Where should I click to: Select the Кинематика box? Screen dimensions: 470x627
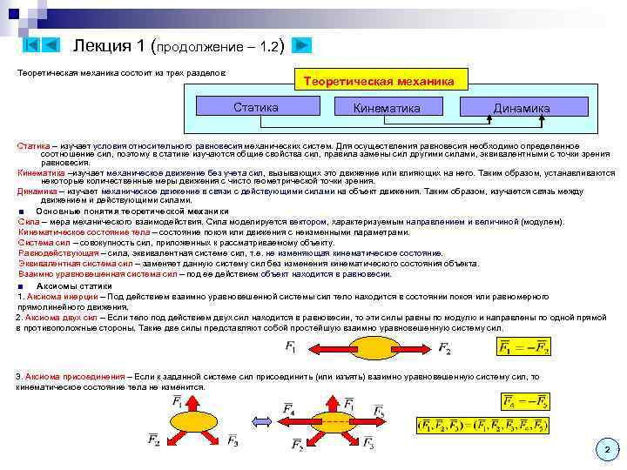(x=387, y=107)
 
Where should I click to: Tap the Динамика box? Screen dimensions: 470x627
(x=521, y=107)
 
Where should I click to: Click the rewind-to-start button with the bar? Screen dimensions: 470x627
(x=30, y=45)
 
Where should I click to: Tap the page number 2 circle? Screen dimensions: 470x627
(x=606, y=449)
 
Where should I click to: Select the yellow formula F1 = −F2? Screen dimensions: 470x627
(x=523, y=348)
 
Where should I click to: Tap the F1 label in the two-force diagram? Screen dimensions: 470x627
(x=290, y=348)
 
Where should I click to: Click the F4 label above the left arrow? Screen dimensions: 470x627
(x=290, y=408)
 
